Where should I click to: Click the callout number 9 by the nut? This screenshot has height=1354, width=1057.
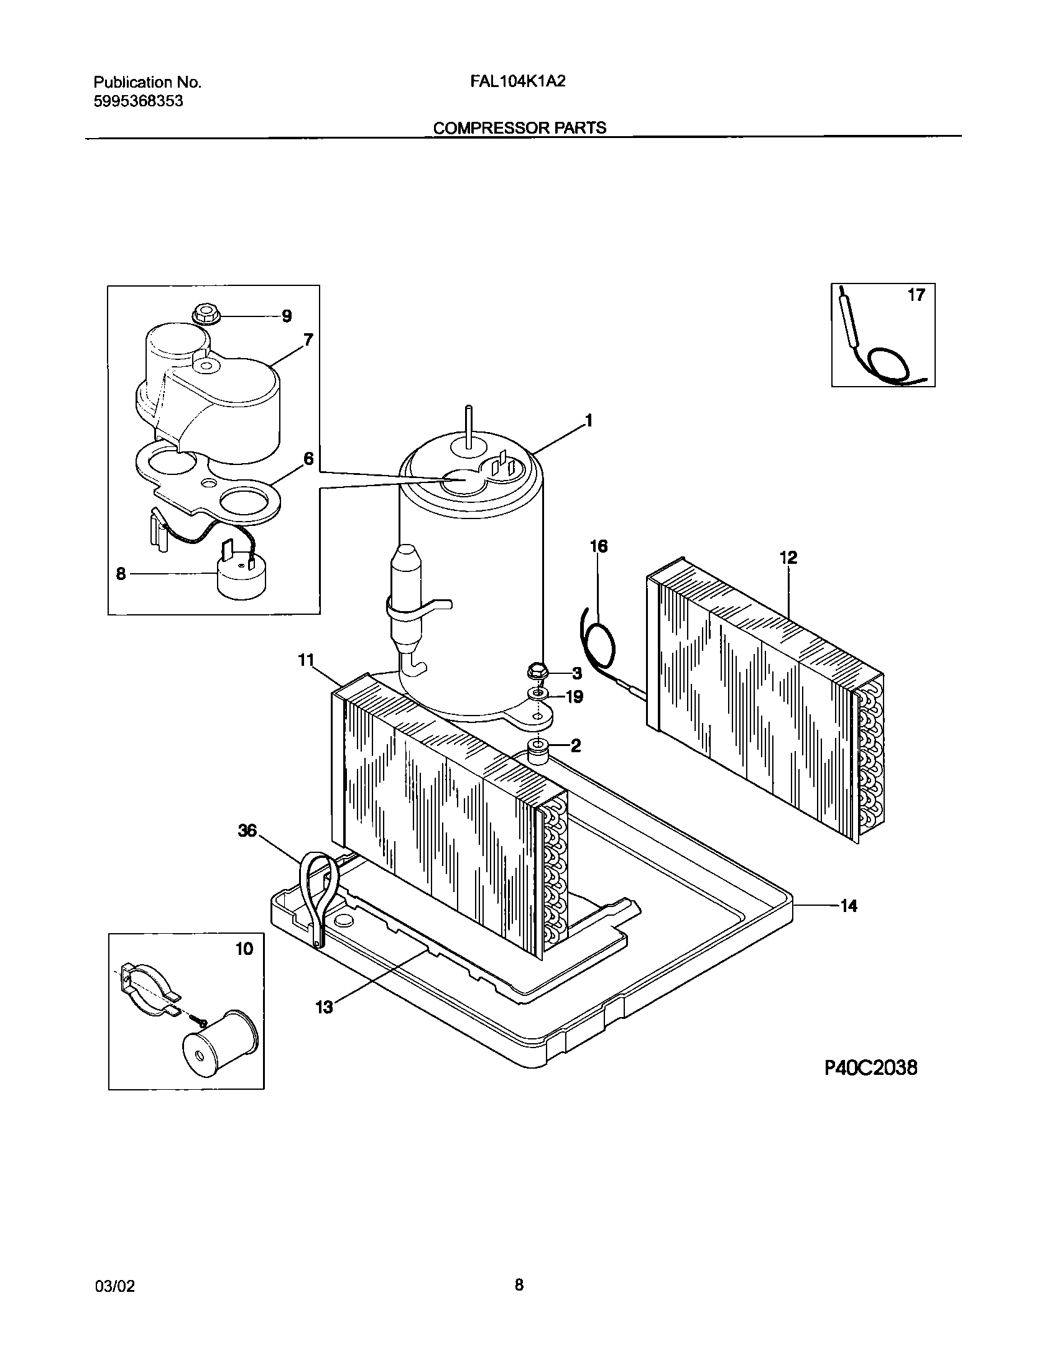click(x=287, y=316)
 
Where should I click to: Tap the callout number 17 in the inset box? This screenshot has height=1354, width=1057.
click(x=916, y=295)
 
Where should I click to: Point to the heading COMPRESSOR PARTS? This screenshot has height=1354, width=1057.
click(x=519, y=127)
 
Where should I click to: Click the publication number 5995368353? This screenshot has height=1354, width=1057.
click(x=139, y=101)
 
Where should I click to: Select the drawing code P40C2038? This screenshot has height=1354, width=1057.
click(x=870, y=1068)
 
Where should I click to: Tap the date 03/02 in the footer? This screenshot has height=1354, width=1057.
click(x=114, y=1286)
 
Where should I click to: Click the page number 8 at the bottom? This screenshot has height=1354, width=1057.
click(x=519, y=1284)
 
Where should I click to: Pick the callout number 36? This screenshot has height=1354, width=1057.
click(x=247, y=831)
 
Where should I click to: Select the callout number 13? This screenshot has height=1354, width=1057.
click(x=325, y=1007)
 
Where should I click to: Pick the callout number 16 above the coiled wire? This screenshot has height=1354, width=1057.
click(x=598, y=546)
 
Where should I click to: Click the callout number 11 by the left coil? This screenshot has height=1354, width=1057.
click(x=305, y=660)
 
